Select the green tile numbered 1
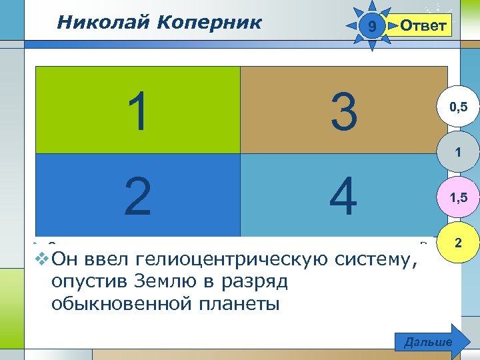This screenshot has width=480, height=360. pyautogui.click(x=137, y=111)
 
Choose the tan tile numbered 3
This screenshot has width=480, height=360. pyautogui.click(x=343, y=111)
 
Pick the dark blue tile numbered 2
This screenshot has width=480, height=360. pyautogui.click(x=137, y=195)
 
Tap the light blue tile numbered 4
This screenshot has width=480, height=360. pyautogui.click(x=343, y=195)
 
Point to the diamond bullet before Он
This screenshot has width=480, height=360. pyautogui.click(x=41, y=257)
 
